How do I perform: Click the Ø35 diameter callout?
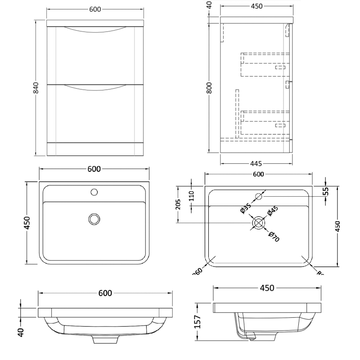coord(245,208)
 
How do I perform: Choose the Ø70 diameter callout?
coord(274,236)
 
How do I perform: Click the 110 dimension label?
coord(191,195)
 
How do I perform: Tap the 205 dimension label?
coord(178,205)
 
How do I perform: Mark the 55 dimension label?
coord(326,191)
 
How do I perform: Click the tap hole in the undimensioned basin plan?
coord(94,192)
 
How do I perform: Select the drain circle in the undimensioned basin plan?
coord(94,219)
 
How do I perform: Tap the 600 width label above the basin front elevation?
coord(105,293)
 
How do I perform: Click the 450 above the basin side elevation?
coord(267,288)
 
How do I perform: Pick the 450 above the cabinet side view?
coord(254,6)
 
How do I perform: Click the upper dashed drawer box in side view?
coord(264,64)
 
